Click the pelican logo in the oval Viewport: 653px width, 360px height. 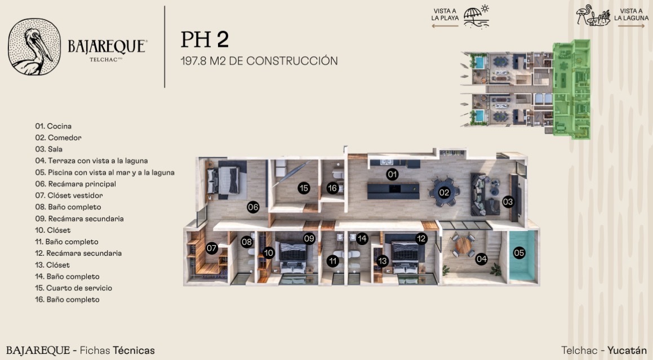point(34,47)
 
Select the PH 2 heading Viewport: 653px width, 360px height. point(205,39)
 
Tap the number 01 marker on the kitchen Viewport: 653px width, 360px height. point(392,174)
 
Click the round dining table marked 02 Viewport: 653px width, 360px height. point(445,193)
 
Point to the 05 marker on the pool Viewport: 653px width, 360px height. point(519,252)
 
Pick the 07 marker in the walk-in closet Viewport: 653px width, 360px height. point(211,248)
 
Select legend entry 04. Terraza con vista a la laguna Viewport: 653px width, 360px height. point(92,161)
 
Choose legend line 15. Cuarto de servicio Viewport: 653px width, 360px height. point(74,288)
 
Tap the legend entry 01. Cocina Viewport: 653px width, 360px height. point(54,126)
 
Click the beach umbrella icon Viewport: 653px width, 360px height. point(477,17)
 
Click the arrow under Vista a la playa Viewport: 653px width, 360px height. point(445,26)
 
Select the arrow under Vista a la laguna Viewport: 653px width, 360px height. point(631,26)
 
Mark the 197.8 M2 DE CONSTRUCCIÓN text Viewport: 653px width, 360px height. point(259,61)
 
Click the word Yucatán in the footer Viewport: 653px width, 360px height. point(627,350)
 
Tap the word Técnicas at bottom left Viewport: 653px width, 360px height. point(134,350)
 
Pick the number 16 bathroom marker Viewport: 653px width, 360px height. point(332,188)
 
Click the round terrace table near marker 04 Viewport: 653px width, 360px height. point(462,246)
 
